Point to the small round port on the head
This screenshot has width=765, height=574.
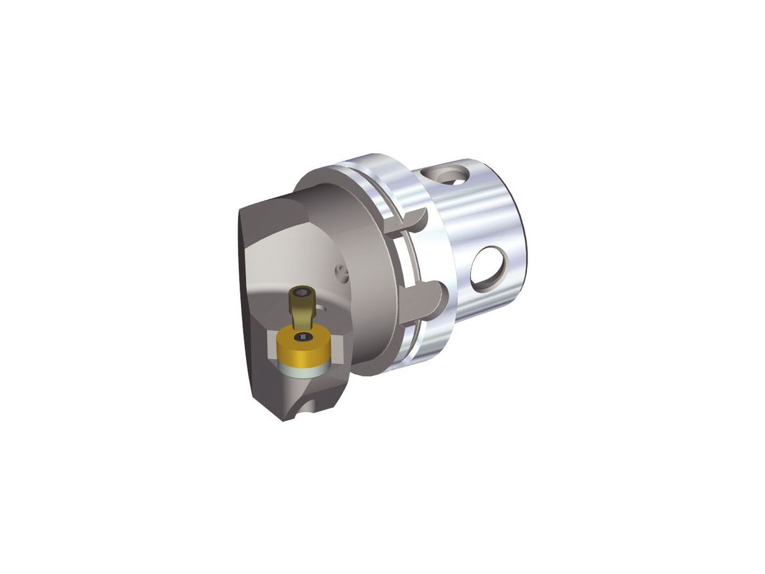[341, 272]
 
